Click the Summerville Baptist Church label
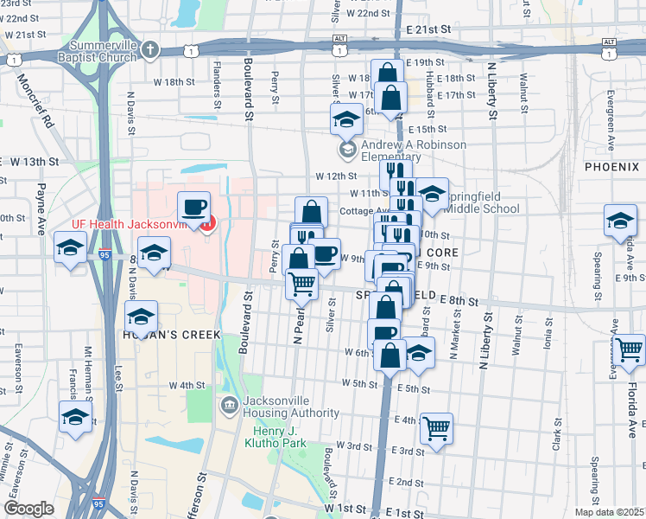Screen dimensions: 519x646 point(92,50)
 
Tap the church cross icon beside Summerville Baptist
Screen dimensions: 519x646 point(151,49)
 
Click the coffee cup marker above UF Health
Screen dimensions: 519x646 point(194,208)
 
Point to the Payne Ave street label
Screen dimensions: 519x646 point(40,208)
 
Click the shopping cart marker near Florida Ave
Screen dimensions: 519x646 point(630,349)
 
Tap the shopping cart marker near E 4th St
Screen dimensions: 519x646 point(437,428)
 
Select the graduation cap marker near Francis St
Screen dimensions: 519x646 point(76,417)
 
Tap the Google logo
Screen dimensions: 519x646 point(29,509)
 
